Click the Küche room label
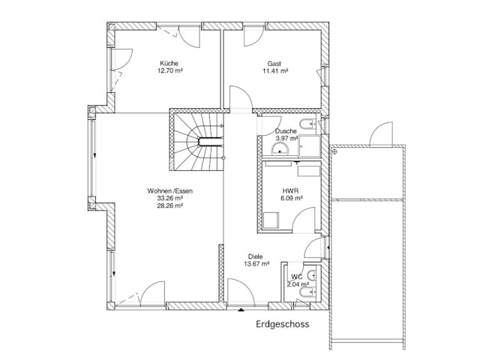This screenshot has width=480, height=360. pos(169,63)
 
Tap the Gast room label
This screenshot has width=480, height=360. pos(274,64)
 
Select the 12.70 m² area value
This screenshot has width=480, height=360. pos(170,70)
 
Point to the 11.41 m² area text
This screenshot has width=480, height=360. pos(275,71)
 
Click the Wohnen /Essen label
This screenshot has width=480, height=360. pos(170,191)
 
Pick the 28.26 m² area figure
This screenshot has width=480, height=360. pos(170,205)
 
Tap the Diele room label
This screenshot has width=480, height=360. pos(255,256)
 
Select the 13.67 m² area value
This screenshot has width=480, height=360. pos(256,263)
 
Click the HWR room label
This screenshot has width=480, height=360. pos(290,191)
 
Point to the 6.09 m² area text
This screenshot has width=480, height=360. pos(292,198)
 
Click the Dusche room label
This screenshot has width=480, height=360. pos(286,131)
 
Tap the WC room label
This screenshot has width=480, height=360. pos(297,277)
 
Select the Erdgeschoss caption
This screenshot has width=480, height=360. pos(283,324)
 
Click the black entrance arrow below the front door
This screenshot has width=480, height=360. pos(241,310)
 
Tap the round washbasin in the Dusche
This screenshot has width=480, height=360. pos(280,149)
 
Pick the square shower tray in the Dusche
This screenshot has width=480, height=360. pos(310,146)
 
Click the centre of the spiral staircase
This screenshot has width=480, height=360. pos(210,142)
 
